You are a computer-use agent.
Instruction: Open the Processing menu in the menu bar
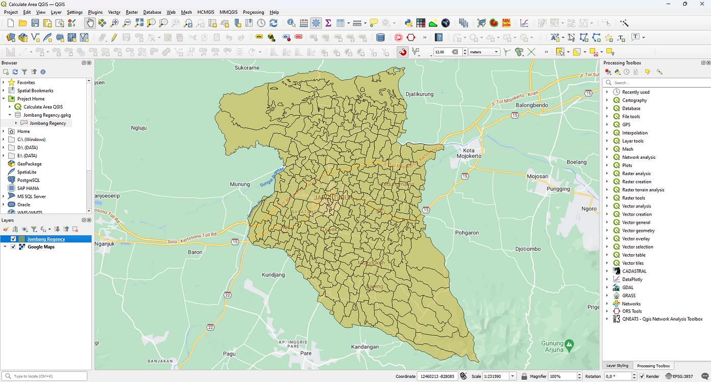point(253,12)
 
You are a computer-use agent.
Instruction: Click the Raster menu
point(132,12)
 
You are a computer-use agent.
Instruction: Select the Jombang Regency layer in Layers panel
point(46,239)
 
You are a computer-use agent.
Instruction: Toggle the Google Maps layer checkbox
point(13,247)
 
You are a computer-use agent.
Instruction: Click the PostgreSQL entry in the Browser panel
point(28,180)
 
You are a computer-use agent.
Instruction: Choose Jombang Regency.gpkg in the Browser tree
point(47,115)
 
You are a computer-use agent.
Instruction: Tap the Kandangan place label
point(365,347)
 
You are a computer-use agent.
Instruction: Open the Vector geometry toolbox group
point(638,231)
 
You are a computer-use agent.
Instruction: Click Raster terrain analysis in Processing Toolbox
point(643,190)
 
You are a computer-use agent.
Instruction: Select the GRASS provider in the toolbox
point(629,296)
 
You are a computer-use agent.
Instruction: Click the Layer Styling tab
point(618,366)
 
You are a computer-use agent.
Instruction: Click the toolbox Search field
point(655,83)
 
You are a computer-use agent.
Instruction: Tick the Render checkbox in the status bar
point(642,376)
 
